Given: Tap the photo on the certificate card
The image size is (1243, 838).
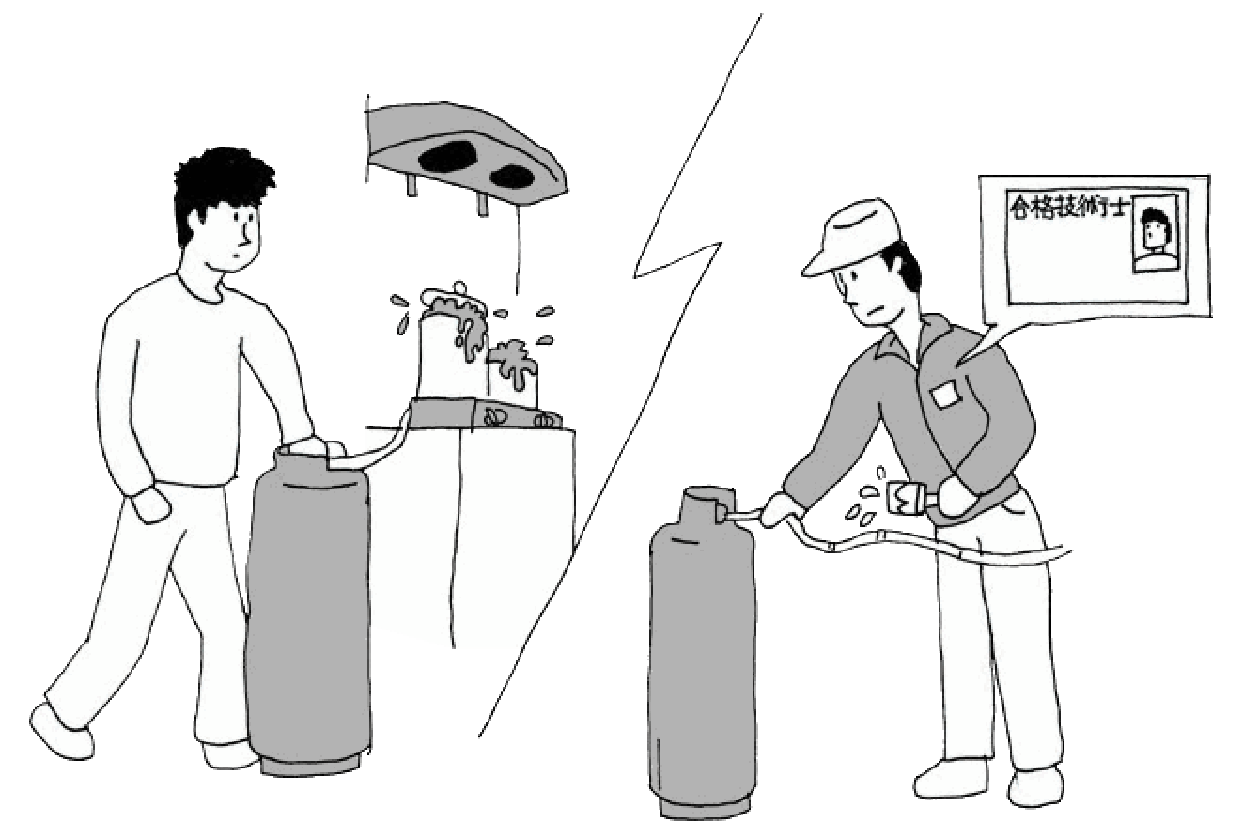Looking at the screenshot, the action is click(x=1155, y=234).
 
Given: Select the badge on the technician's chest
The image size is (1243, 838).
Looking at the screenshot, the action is click(x=945, y=395).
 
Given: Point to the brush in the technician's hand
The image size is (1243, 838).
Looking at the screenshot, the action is click(x=910, y=497).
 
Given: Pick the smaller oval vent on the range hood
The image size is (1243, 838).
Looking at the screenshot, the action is click(x=512, y=176).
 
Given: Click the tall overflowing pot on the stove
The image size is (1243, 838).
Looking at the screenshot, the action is click(x=452, y=344).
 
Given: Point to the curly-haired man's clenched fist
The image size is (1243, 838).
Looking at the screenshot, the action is click(x=149, y=503).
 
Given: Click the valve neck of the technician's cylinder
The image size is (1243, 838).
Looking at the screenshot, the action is click(x=708, y=504).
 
